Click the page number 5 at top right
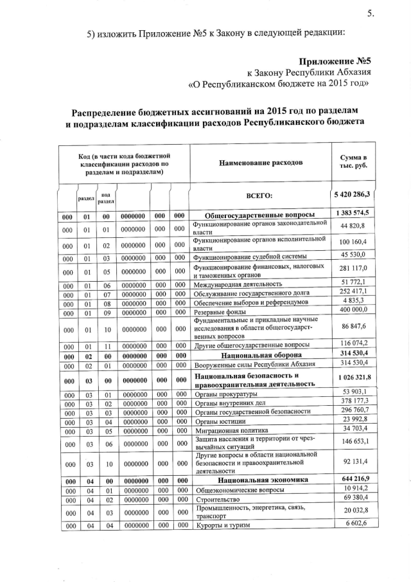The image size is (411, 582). point(371,14)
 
